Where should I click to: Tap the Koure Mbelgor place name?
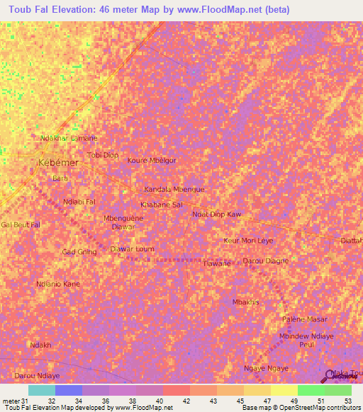click(151, 160)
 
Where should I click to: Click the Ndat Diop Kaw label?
click(217, 214)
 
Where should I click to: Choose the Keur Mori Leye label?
click(248, 241)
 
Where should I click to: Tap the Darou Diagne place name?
click(266, 261)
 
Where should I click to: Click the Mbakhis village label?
click(246, 302)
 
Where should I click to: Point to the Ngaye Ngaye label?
click(266, 369)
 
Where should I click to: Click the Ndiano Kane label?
click(58, 284)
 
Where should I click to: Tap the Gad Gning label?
click(79, 252)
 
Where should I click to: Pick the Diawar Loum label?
click(132, 249)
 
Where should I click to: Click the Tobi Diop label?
click(102, 155)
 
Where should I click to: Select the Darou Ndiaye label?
click(37, 375)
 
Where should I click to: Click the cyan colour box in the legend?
click(41, 390)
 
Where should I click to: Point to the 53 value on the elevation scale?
click(347, 401)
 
